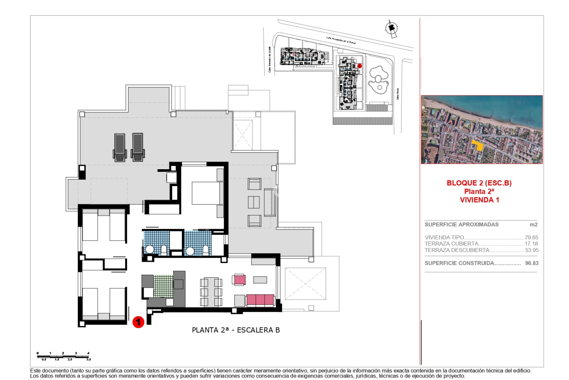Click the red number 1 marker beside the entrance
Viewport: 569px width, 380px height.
click(138, 322)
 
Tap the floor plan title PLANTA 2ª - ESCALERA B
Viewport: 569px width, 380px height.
click(236, 330)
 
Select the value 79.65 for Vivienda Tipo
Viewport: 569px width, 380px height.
click(531, 237)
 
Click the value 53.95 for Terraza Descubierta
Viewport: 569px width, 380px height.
click(531, 250)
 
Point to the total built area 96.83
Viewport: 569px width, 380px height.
click(531, 263)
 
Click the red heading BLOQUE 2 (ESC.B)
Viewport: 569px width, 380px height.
click(479, 183)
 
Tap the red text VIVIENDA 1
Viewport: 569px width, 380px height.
click(479, 200)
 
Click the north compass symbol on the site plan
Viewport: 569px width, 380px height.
click(391, 28)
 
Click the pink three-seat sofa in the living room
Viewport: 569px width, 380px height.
click(260, 300)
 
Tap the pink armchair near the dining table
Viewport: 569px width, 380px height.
click(239, 280)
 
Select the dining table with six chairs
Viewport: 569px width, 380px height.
click(211, 292)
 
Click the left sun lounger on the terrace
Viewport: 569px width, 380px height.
click(120, 147)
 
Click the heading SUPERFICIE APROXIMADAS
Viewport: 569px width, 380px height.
click(461, 225)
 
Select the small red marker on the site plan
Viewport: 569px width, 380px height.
click(359, 66)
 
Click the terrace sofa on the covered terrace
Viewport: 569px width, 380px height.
click(270, 202)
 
